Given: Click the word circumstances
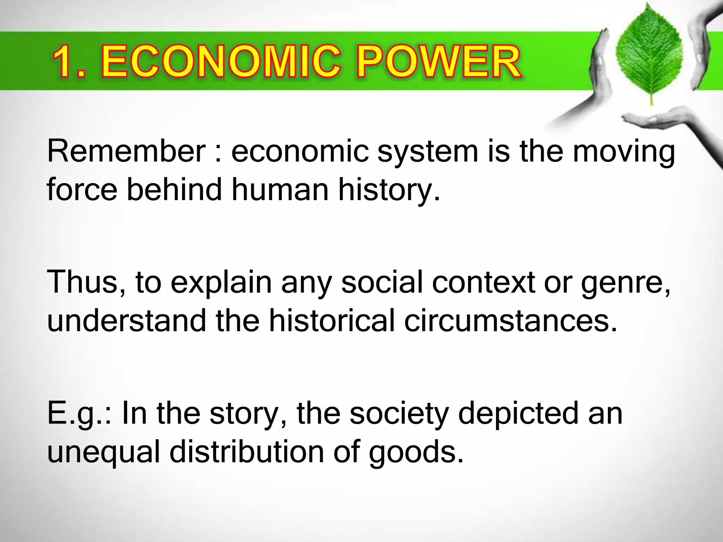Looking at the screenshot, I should pyautogui.click(x=510, y=320).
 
